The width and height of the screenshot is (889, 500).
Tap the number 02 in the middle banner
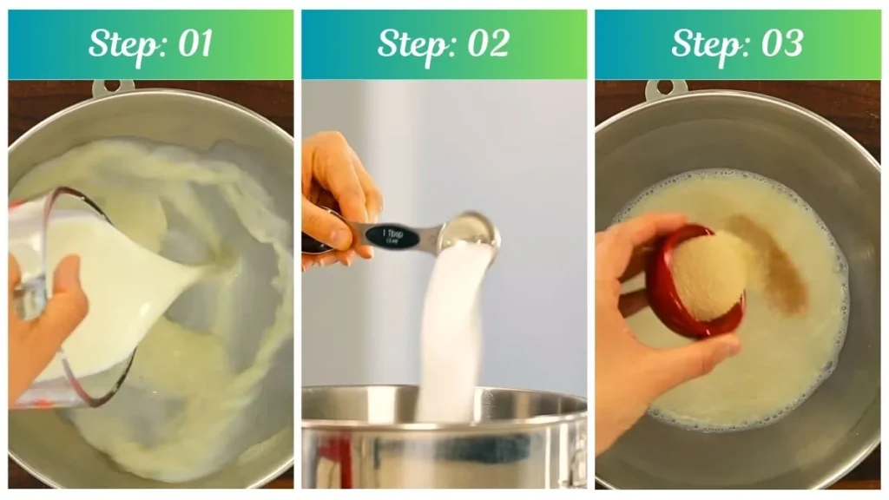tap(488, 44)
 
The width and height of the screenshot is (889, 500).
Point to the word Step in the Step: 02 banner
tap(411, 44)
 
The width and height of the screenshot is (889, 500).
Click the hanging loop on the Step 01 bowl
tap(113, 87)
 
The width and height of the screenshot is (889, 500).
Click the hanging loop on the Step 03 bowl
tap(666, 88)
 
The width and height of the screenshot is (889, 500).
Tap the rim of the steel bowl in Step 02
tap(443, 399)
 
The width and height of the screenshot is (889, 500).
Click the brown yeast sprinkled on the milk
tap(773, 260)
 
